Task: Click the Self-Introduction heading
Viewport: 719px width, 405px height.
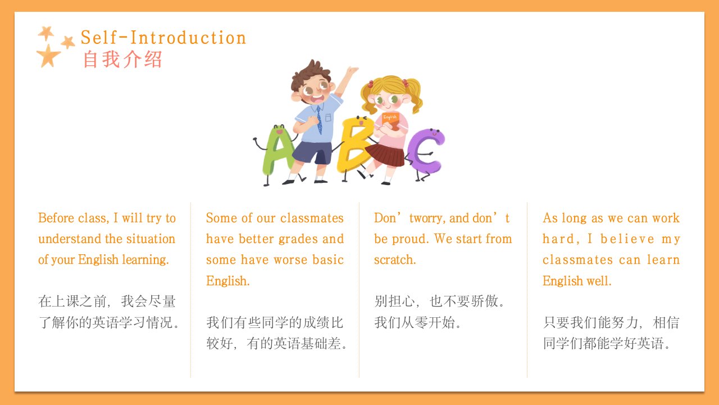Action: point(163,38)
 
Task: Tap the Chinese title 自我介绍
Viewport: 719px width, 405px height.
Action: point(122,60)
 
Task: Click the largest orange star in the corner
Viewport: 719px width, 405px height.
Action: point(48,56)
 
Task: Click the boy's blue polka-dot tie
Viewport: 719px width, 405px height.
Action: point(319,120)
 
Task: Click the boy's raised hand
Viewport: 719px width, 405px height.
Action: point(352,70)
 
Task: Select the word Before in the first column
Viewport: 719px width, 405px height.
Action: point(57,218)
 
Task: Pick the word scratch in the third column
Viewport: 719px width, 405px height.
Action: point(395,260)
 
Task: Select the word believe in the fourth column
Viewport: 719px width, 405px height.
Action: point(627,239)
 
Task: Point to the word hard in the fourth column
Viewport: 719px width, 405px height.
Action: point(561,239)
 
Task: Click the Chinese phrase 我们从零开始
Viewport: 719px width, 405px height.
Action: point(417,322)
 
